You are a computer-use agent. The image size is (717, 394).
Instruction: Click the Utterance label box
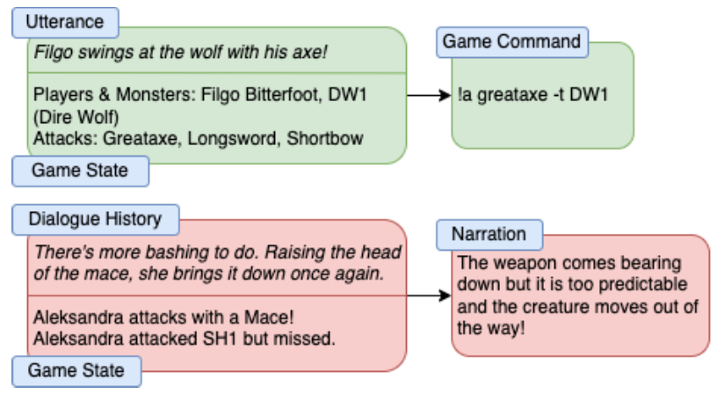pyautogui.click(x=65, y=22)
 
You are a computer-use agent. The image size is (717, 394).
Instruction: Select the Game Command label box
pyautogui.click(x=512, y=42)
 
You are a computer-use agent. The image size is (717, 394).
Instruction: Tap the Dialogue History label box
pyautogui.click(x=96, y=220)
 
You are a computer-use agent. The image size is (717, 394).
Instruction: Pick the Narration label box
pyautogui.click(x=489, y=235)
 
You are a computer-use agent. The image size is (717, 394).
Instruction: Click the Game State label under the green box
pyautogui.click(x=81, y=171)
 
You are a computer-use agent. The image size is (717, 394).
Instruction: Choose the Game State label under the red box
pyautogui.click(x=76, y=371)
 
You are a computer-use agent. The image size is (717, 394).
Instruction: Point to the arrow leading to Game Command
pyautogui.click(x=429, y=95)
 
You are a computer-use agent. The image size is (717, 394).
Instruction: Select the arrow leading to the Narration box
pyautogui.click(x=429, y=295)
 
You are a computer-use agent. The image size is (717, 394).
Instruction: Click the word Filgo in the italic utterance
pyautogui.click(x=54, y=53)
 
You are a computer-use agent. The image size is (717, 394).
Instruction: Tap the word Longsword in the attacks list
pyautogui.click(x=232, y=139)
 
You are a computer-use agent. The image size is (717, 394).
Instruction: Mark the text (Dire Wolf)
pyautogui.click(x=76, y=118)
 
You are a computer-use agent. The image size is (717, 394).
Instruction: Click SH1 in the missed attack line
pyautogui.click(x=221, y=339)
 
